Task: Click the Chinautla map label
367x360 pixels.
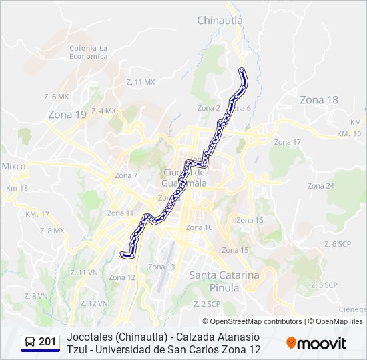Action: tap(220, 21)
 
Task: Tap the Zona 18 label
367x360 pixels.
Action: tap(318, 100)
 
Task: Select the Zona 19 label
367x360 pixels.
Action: tap(67, 115)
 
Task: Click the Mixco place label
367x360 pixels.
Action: tap(13, 165)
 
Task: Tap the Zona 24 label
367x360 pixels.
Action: tap(320, 185)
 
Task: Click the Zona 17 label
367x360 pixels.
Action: tap(287, 142)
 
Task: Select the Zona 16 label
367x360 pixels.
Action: tap(250, 220)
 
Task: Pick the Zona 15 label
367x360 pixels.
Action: tap(235, 250)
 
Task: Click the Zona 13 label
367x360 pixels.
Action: tap(161, 267)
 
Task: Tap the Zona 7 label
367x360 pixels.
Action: tap(126, 175)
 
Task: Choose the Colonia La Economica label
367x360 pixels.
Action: tap(88, 52)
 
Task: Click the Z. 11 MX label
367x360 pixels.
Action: tap(140, 81)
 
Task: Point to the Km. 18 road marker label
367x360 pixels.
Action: tap(17, 188)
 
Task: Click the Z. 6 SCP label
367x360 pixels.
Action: tap(337, 244)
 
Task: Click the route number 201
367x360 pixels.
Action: tap(47, 342)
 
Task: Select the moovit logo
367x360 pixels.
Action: tap(316, 343)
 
